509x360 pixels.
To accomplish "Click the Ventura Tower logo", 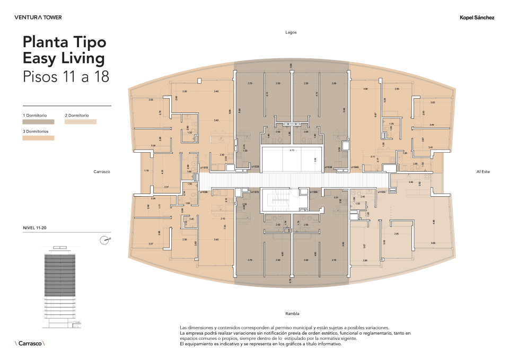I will [x=38, y=17].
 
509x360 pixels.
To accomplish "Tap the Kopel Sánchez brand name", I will [x=477, y=17].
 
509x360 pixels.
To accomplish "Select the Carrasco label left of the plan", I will [x=101, y=172].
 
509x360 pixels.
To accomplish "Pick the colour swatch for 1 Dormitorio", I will [x=38, y=121].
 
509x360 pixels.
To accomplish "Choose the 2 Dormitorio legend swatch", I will [x=81, y=121].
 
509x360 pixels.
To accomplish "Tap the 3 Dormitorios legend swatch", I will [x=38, y=137].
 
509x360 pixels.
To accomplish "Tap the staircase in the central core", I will [x=280, y=201].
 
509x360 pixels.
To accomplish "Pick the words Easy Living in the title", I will [x=64, y=58].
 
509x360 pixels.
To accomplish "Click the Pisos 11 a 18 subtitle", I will [x=66, y=76].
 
